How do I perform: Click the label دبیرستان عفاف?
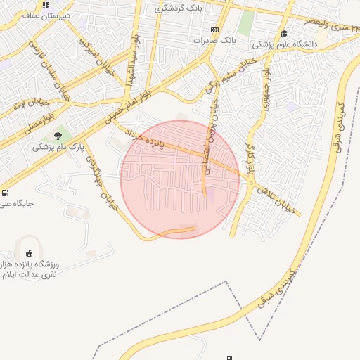44,15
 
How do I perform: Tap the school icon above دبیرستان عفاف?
46,5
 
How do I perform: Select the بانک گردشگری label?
178,8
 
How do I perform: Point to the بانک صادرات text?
215,41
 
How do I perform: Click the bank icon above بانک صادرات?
214,30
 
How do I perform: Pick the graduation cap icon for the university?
284,33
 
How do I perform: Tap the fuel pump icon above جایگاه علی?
6,193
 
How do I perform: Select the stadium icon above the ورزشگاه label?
29,253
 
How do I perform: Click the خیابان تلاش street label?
272,195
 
